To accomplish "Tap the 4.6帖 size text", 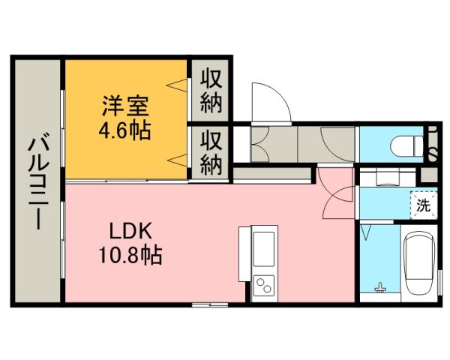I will click(124, 130).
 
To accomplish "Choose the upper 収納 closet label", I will click(211, 90).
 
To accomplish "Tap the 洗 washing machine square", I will click(423, 205).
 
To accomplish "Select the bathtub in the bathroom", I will click(418, 265).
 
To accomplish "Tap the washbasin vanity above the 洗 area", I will click(387, 177).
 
